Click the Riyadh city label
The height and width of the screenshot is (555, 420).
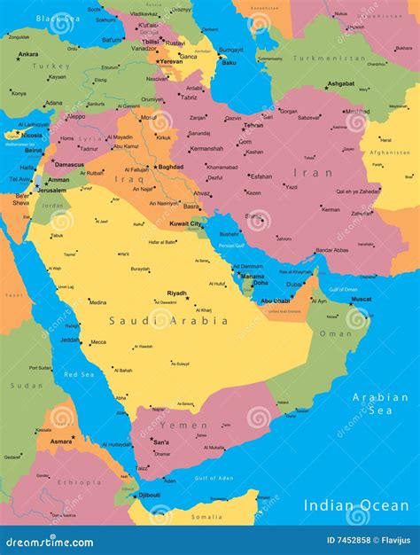(177, 293)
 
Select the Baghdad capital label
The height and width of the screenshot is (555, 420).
(171, 167)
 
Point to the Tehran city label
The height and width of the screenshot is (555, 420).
(253, 125)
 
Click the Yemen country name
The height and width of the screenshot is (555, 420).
(185, 424)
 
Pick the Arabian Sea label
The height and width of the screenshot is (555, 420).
(380, 403)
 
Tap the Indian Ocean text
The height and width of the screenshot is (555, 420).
(356, 504)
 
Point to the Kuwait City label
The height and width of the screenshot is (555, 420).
(187, 224)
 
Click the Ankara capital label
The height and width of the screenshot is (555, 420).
(28, 54)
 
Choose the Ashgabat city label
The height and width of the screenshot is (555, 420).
(340, 83)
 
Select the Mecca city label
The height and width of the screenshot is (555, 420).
(97, 341)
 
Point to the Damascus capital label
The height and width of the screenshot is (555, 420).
(69, 165)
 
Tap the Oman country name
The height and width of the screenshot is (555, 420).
(335, 333)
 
